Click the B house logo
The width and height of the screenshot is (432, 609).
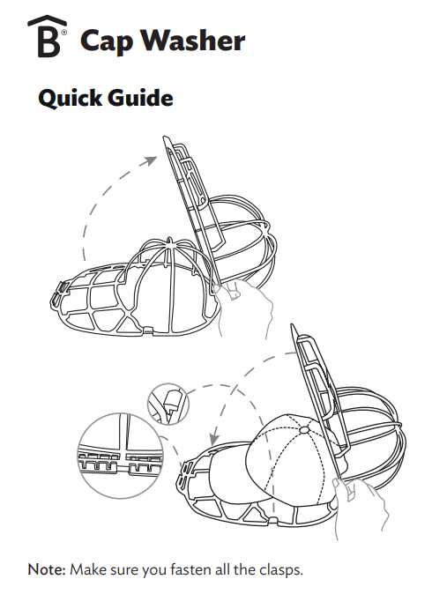click(47, 36)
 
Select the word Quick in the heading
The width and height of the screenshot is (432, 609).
click(70, 97)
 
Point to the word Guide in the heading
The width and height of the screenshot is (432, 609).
click(140, 97)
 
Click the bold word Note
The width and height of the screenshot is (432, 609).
click(47, 569)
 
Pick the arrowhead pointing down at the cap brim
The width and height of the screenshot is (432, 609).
click(213, 439)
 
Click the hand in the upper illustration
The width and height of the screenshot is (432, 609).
click(243, 306)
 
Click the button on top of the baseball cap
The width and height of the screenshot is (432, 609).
click(304, 430)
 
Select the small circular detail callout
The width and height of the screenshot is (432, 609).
click(168, 405)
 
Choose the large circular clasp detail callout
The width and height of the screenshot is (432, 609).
click(121, 456)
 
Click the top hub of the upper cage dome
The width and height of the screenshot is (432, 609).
click(170, 241)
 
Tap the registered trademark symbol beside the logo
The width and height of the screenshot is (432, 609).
click(64, 33)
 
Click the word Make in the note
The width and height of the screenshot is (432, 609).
click(88, 569)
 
